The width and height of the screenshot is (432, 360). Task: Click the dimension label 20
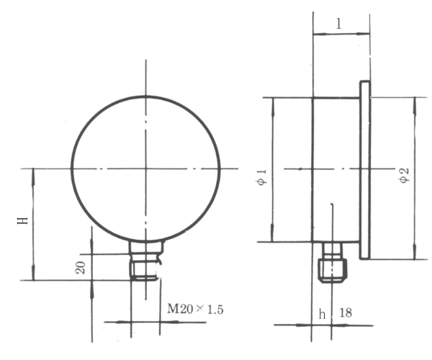[x=81, y=267]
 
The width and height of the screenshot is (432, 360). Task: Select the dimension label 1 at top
[x=339, y=23]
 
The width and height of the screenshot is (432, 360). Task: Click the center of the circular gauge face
[x=146, y=168]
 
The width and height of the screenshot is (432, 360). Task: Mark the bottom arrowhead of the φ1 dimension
[x=272, y=237]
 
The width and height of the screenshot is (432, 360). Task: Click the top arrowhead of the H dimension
[x=34, y=173]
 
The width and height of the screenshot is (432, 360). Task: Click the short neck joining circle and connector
[x=146, y=246]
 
